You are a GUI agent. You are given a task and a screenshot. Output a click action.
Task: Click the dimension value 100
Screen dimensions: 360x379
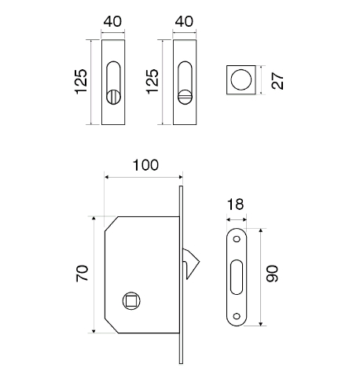(x=145, y=165)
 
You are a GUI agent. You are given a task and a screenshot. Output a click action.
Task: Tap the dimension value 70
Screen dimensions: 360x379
(x=83, y=273)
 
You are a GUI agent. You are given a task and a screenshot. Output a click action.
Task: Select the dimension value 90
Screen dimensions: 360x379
(x=272, y=274)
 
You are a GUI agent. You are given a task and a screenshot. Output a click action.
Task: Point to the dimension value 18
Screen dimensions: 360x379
(x=236, y=204)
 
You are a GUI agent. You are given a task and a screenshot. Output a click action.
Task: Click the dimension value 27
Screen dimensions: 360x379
(x=277, y=81)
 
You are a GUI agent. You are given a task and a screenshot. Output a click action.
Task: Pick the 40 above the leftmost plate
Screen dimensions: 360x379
(x=112, y=21)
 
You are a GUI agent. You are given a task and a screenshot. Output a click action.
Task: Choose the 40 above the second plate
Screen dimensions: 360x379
(x=184, y=21)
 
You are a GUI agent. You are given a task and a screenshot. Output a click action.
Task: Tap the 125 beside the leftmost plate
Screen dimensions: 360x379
(x=81, y=82)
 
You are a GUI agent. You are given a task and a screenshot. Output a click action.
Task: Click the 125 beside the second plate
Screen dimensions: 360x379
(x=152, y=82)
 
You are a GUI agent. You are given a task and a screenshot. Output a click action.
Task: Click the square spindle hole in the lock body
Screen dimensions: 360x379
(x=131, y=300)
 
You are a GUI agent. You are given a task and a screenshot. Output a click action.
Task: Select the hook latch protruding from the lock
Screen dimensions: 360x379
(x=191, y=263)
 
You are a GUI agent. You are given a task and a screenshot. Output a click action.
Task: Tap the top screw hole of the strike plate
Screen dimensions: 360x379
(x=237, y=239)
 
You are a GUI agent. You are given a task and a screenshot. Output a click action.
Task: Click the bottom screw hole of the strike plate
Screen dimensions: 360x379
(x=237, y=316)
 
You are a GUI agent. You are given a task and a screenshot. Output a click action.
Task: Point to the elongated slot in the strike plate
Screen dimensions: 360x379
(x=237, y=278)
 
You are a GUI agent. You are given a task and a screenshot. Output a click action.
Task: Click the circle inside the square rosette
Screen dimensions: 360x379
(x=241, y=79)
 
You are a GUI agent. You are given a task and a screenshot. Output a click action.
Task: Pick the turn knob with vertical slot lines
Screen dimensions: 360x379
(x=113, y=97)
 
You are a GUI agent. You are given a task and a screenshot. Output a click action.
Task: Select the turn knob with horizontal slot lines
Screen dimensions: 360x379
(x=185, y=97)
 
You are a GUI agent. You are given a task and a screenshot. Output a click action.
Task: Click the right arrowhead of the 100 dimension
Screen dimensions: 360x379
(x=181, y=177)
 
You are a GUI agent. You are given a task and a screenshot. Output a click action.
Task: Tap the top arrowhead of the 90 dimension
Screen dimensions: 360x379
(x=260, y=230)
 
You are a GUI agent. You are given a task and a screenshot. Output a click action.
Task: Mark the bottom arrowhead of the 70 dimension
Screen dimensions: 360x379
(x=94, y=331)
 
